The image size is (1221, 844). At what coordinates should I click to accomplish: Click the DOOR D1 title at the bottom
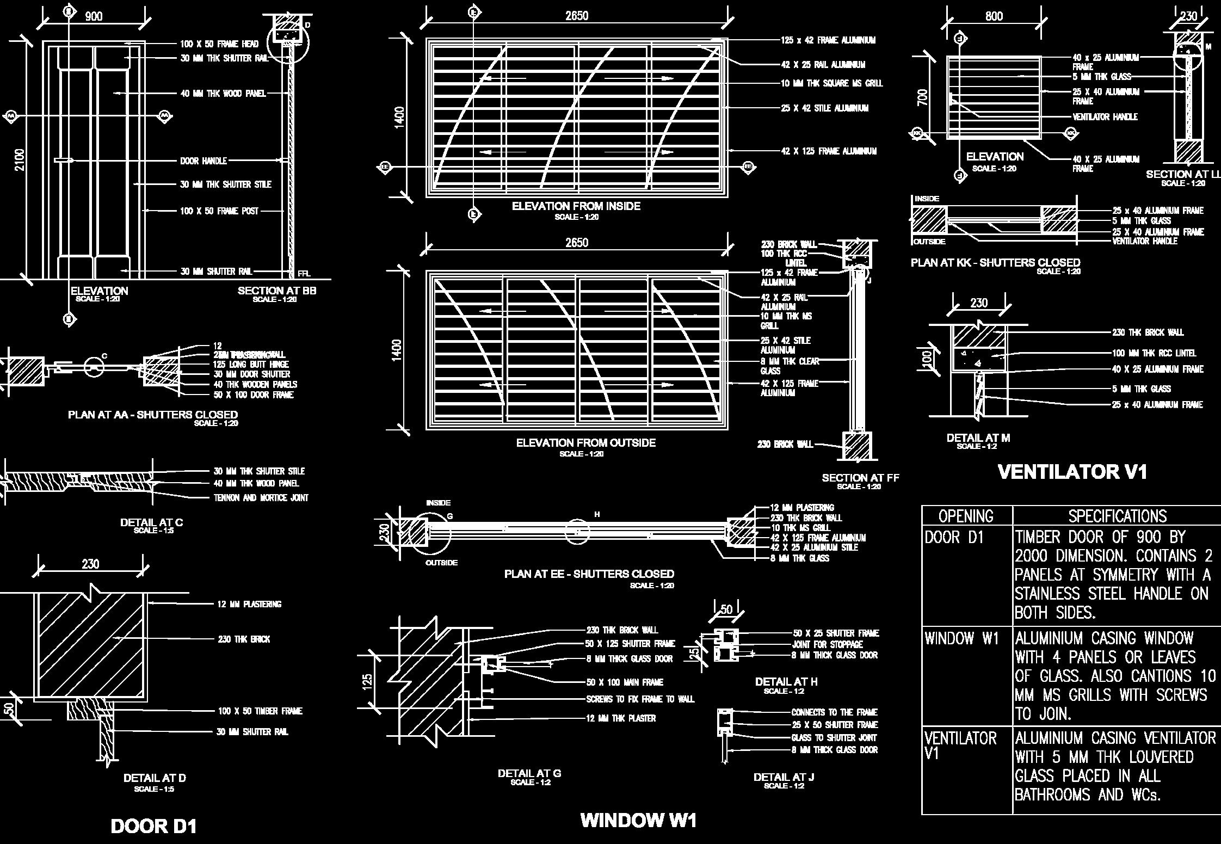(153, 826)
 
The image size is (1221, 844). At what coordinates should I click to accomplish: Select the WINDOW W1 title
(638, 820)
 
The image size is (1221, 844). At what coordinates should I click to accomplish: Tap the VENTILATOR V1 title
(1072, 472)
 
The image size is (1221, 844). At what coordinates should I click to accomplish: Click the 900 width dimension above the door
(94, 16)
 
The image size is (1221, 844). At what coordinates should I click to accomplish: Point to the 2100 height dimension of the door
(20, 159)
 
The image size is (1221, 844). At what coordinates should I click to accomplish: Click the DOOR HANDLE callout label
(203, 161)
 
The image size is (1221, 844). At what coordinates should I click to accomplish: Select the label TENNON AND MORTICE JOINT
(261, 497)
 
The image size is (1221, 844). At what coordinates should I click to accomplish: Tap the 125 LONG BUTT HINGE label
(251, 365)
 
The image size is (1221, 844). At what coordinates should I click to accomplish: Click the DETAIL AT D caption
(155, 778)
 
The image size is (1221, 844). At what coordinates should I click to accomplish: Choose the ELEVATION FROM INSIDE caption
(576, 206)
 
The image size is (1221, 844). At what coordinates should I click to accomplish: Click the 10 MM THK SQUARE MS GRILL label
(831, 83)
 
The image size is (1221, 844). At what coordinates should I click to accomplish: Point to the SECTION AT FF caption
(860, 478)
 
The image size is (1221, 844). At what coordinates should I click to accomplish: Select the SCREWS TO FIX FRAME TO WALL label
(640, 699)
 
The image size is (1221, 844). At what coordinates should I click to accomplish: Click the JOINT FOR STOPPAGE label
(827, 644)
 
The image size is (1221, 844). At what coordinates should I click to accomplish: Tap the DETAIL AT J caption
(784, 777)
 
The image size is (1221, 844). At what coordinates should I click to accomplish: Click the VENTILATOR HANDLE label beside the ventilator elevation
(1105, 117)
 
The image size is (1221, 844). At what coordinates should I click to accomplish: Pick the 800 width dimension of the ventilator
(994, 16)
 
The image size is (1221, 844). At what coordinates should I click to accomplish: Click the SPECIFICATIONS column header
(1117, 516)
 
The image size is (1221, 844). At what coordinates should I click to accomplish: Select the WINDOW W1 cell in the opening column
(961, 638)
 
